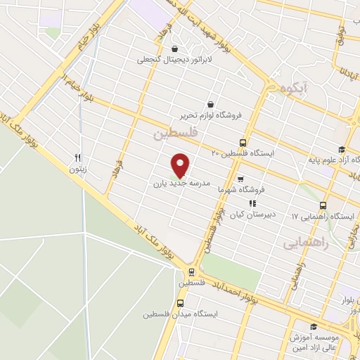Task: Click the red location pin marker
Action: (x=181, y=165)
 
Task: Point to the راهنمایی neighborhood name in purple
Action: (x=306, y=243)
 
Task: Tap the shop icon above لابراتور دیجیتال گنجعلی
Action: (x=174, y=49)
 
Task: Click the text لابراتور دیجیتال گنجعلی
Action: (x=174, y=60)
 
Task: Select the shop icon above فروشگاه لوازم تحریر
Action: (x=210, y=104)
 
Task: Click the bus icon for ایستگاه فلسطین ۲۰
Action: (x=243, y=141)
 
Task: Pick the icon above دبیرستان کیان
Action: (x=252, y=203)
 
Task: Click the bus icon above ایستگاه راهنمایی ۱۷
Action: (x=323, y=206)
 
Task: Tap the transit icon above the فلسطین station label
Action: (x=191, y=272)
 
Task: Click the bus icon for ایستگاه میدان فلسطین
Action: (x=181, y=303)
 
